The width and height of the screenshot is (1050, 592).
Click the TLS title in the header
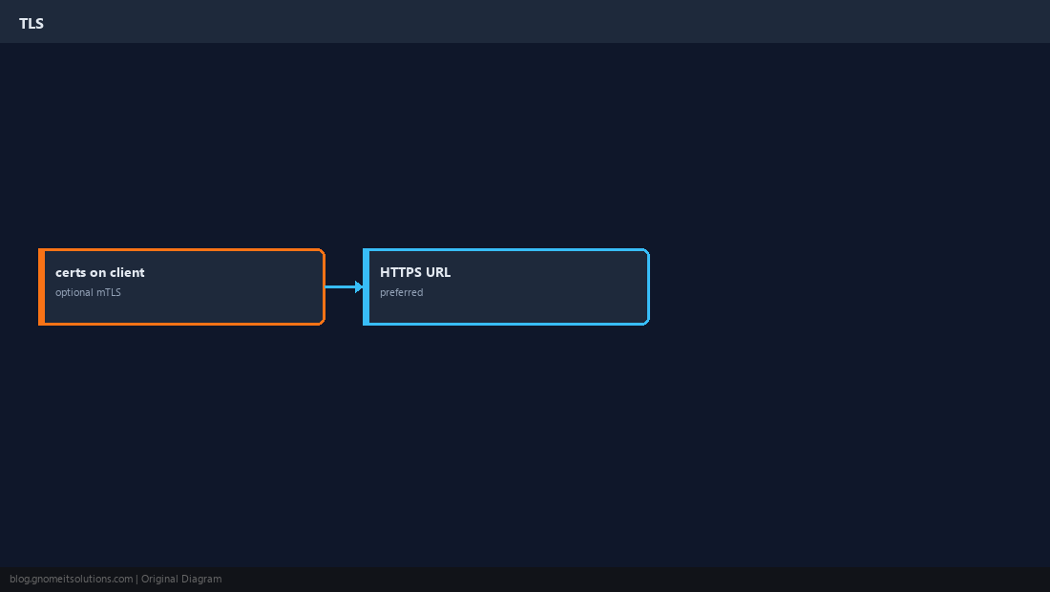[31, 24]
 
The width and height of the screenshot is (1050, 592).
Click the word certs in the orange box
[70, 272]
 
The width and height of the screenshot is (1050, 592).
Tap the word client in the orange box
[127, 272]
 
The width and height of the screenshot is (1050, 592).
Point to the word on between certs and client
[97, 273]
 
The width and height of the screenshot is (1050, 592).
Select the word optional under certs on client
[73, 292]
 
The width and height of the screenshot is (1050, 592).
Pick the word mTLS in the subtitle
[109, 292]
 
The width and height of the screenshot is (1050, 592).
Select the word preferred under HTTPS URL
[401, 292]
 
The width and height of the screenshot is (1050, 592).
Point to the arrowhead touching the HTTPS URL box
[360, 286]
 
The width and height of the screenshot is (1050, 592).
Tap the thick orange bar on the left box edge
[41, 286]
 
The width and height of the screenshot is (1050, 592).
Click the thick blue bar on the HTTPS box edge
[367, 286]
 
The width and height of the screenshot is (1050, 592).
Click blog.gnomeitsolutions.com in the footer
[71, 580]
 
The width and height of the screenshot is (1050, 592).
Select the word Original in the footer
[159, 579]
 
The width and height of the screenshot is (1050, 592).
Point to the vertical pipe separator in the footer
[137, 580]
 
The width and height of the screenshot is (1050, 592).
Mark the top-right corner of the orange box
[325, 250]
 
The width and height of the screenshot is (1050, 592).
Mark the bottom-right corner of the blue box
[648, 324]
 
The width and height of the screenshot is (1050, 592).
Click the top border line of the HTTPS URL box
[506, 250]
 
